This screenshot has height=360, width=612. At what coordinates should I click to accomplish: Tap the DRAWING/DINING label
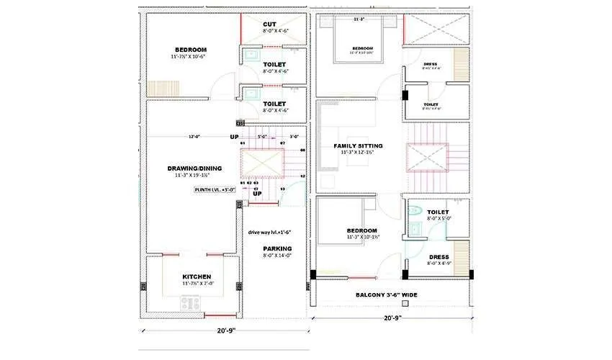tap(197, 168)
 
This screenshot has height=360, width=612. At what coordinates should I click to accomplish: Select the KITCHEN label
tap(196, 276)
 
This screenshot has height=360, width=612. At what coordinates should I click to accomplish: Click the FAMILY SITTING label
tap(358, 146)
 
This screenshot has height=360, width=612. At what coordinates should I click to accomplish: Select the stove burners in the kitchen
tap(189, 304)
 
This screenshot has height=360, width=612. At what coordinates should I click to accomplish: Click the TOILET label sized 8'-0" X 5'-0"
tap(437, 212)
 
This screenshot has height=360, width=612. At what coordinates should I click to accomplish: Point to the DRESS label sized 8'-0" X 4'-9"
tap(438, 257)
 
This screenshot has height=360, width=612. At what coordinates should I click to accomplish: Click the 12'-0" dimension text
tap(195, 136)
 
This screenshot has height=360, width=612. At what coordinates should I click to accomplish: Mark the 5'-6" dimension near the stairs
tap(261, 136)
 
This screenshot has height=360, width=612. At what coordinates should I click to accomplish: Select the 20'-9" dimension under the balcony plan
tap(393, 318)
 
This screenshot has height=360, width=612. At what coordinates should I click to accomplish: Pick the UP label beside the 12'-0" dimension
tap(234, 137)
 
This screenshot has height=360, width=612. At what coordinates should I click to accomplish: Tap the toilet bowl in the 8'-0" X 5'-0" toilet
tap(415, 213)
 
